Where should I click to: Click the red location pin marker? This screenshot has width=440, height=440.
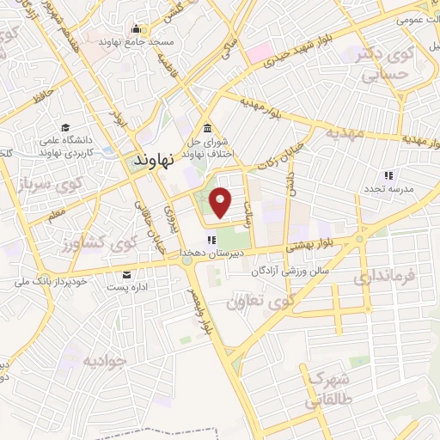pos(221,202)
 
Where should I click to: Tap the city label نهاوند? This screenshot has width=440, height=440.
pos(155,160)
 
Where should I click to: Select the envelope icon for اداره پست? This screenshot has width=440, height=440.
pos(128,274)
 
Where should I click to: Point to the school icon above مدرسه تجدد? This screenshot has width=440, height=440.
pos(388,174)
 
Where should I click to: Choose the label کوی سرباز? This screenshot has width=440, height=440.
pos(52,185)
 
